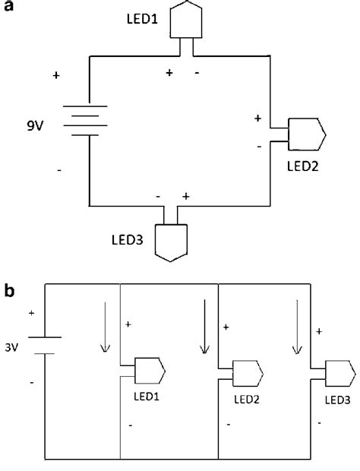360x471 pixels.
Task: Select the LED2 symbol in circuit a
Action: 307,134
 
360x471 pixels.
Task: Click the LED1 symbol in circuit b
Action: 150,370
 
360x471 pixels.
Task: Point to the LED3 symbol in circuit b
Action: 338,373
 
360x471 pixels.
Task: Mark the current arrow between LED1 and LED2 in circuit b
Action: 204,327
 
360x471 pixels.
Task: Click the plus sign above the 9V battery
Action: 56,76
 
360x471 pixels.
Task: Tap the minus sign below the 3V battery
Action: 31,384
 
